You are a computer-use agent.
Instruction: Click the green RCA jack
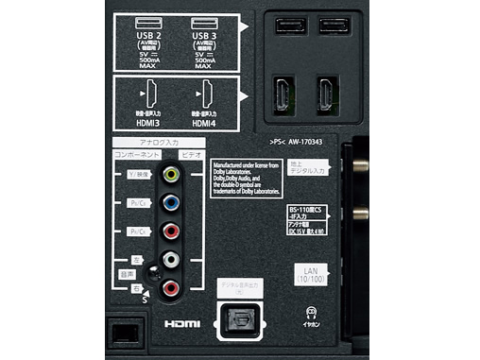tap(170, 175)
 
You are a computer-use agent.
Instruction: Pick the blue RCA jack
tap(170, 203)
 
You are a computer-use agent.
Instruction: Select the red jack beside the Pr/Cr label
tap(170, 231)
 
